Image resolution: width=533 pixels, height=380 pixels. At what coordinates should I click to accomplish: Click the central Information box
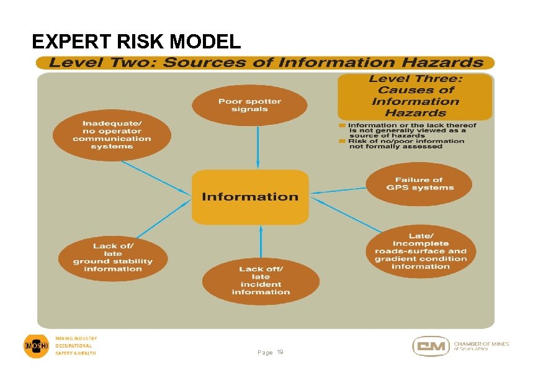[250, 197]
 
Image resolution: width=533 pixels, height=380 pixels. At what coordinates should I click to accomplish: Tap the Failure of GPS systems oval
[419, 184]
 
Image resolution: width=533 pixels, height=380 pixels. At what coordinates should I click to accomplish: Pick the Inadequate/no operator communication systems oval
[112, 135]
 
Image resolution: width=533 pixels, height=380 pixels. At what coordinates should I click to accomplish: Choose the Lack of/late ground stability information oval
[112, 257]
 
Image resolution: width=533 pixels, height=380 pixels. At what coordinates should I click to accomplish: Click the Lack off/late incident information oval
[261, 280]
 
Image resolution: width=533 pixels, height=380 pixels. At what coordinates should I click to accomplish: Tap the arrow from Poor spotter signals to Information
[258, 146]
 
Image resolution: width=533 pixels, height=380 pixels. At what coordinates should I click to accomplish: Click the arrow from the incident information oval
[261, 242]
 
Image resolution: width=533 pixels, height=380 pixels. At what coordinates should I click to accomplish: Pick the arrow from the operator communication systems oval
[155, 176]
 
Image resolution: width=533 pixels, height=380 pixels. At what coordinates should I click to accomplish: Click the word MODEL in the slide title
[205, 42]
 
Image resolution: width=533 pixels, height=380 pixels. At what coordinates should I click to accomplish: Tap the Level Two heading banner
[266, 63]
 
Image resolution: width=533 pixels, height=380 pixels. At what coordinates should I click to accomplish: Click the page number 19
[280, 353]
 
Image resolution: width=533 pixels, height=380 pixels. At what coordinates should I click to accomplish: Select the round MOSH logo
[36, 345]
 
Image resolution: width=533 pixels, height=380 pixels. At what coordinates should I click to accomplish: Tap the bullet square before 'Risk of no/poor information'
[341, 141]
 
